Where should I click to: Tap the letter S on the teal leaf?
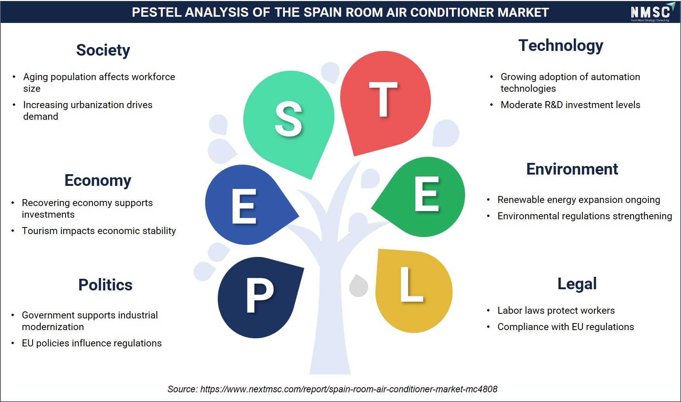(288, 119)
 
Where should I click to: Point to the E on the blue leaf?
(244, 206)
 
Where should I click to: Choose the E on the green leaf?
(427, 194)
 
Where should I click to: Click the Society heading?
(103, 50)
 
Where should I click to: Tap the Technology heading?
(561, 45)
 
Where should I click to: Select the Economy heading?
(98, 180)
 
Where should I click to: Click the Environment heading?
(572, 169)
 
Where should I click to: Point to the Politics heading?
(105, 285)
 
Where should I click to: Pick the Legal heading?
(577, 284)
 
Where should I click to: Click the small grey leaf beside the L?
(358, 286)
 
